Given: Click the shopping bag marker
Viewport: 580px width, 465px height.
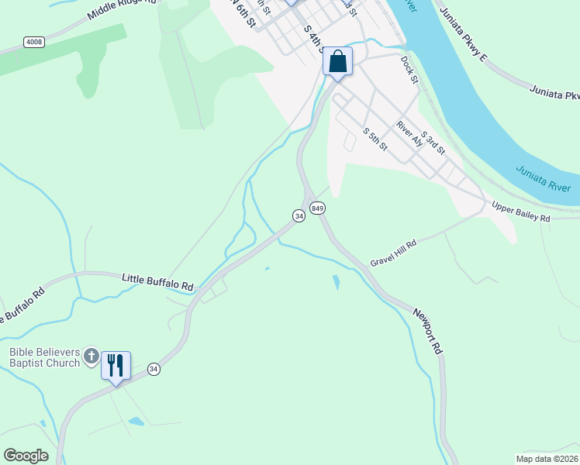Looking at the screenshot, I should (337, 62).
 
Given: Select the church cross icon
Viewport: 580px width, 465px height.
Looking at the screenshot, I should (91, 356).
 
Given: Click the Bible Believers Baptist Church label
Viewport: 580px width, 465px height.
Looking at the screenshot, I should (44, 357).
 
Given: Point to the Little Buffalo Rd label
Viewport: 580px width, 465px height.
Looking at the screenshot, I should (157, 281).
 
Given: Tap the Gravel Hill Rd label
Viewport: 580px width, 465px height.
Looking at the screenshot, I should (393, 252).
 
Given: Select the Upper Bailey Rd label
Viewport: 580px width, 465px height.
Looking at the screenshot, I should (521, 212).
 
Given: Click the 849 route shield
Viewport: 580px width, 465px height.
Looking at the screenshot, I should (316, 208).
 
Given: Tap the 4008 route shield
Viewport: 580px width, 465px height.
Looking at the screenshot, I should (33, 41).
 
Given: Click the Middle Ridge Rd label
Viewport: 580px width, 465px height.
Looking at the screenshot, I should (121, 9).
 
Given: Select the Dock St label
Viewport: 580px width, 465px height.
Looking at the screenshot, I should (409, 68).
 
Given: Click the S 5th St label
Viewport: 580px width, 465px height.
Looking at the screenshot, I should (375, 139).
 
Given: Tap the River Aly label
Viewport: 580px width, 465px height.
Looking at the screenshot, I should (409, 133).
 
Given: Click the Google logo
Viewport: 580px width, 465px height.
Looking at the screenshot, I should (26, 456).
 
